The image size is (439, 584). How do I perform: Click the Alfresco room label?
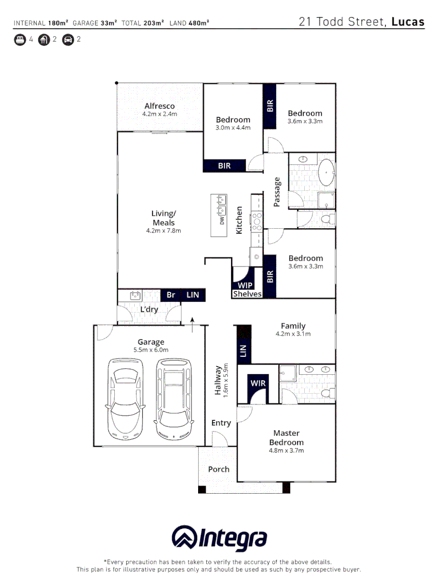pos(159,106)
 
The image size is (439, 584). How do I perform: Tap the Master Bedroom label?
pos(286,437)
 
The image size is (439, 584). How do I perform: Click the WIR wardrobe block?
pos(258,383)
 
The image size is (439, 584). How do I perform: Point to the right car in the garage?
pos(173,399)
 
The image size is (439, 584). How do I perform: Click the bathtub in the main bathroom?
pos(326,172)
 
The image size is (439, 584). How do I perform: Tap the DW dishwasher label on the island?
pos(222,221)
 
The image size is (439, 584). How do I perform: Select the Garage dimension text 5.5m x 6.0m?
pos(151,350)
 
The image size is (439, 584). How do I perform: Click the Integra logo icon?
pos(185,538)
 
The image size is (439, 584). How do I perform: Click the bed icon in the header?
pos(20,39)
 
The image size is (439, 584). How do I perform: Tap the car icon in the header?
pos(68,39)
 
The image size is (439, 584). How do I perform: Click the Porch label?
pos(219,469)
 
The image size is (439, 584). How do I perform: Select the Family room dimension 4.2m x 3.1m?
pos(293,334)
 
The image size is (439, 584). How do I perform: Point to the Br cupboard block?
pos(171,295)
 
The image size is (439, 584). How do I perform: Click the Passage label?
pos(277,192)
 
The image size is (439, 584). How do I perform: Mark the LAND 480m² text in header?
pos(189,23)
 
